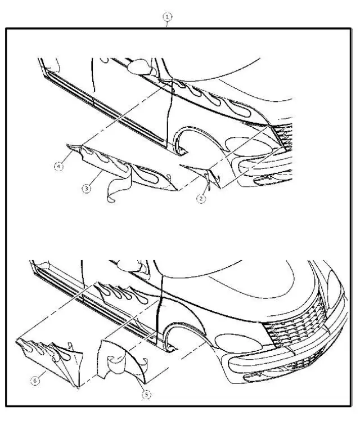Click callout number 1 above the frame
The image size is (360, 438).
click(167, 17)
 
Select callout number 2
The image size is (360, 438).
click(201, 199)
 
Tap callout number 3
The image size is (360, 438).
click(87, 189)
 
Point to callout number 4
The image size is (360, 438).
click(58, 167)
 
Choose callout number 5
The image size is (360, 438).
click(146, 395)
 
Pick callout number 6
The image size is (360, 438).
click(35, 381)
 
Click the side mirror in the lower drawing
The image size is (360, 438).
click(131, 266)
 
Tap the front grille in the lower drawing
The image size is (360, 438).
click(296, 321)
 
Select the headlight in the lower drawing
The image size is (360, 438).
click(238, 343)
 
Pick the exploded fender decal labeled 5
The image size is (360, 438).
click(131, 360)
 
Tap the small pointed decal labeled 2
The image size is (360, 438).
click(204, 175)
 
